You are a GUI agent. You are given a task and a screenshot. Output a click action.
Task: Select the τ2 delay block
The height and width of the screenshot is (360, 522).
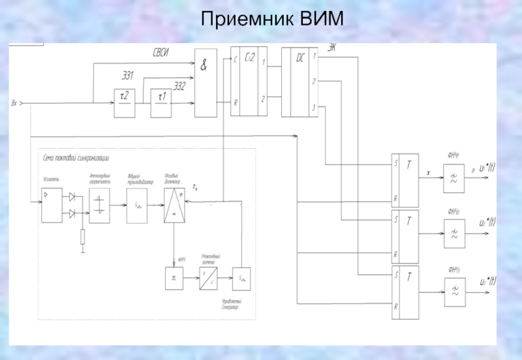[x=125, y=103]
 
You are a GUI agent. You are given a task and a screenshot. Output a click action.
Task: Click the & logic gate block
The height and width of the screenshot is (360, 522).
[x=206, y=83]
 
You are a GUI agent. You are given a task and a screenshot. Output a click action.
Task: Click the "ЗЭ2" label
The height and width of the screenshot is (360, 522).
[x=179, y=85]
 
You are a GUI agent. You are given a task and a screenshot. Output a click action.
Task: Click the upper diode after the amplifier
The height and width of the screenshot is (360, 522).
[x=72, y=196]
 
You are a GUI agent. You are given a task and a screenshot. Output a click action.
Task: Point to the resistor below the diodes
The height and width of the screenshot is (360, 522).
[x=82, y=237]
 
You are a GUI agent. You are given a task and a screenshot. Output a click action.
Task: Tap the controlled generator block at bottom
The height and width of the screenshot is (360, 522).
[x=243, y=280]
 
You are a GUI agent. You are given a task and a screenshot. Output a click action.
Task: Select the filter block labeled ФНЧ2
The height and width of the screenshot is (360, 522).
[x=453, y=233]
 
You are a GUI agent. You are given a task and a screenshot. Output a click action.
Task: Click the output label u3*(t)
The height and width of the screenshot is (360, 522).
[x=487, y=281]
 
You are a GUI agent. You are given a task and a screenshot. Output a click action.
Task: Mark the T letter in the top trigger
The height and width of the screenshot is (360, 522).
[x=408, y=165]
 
